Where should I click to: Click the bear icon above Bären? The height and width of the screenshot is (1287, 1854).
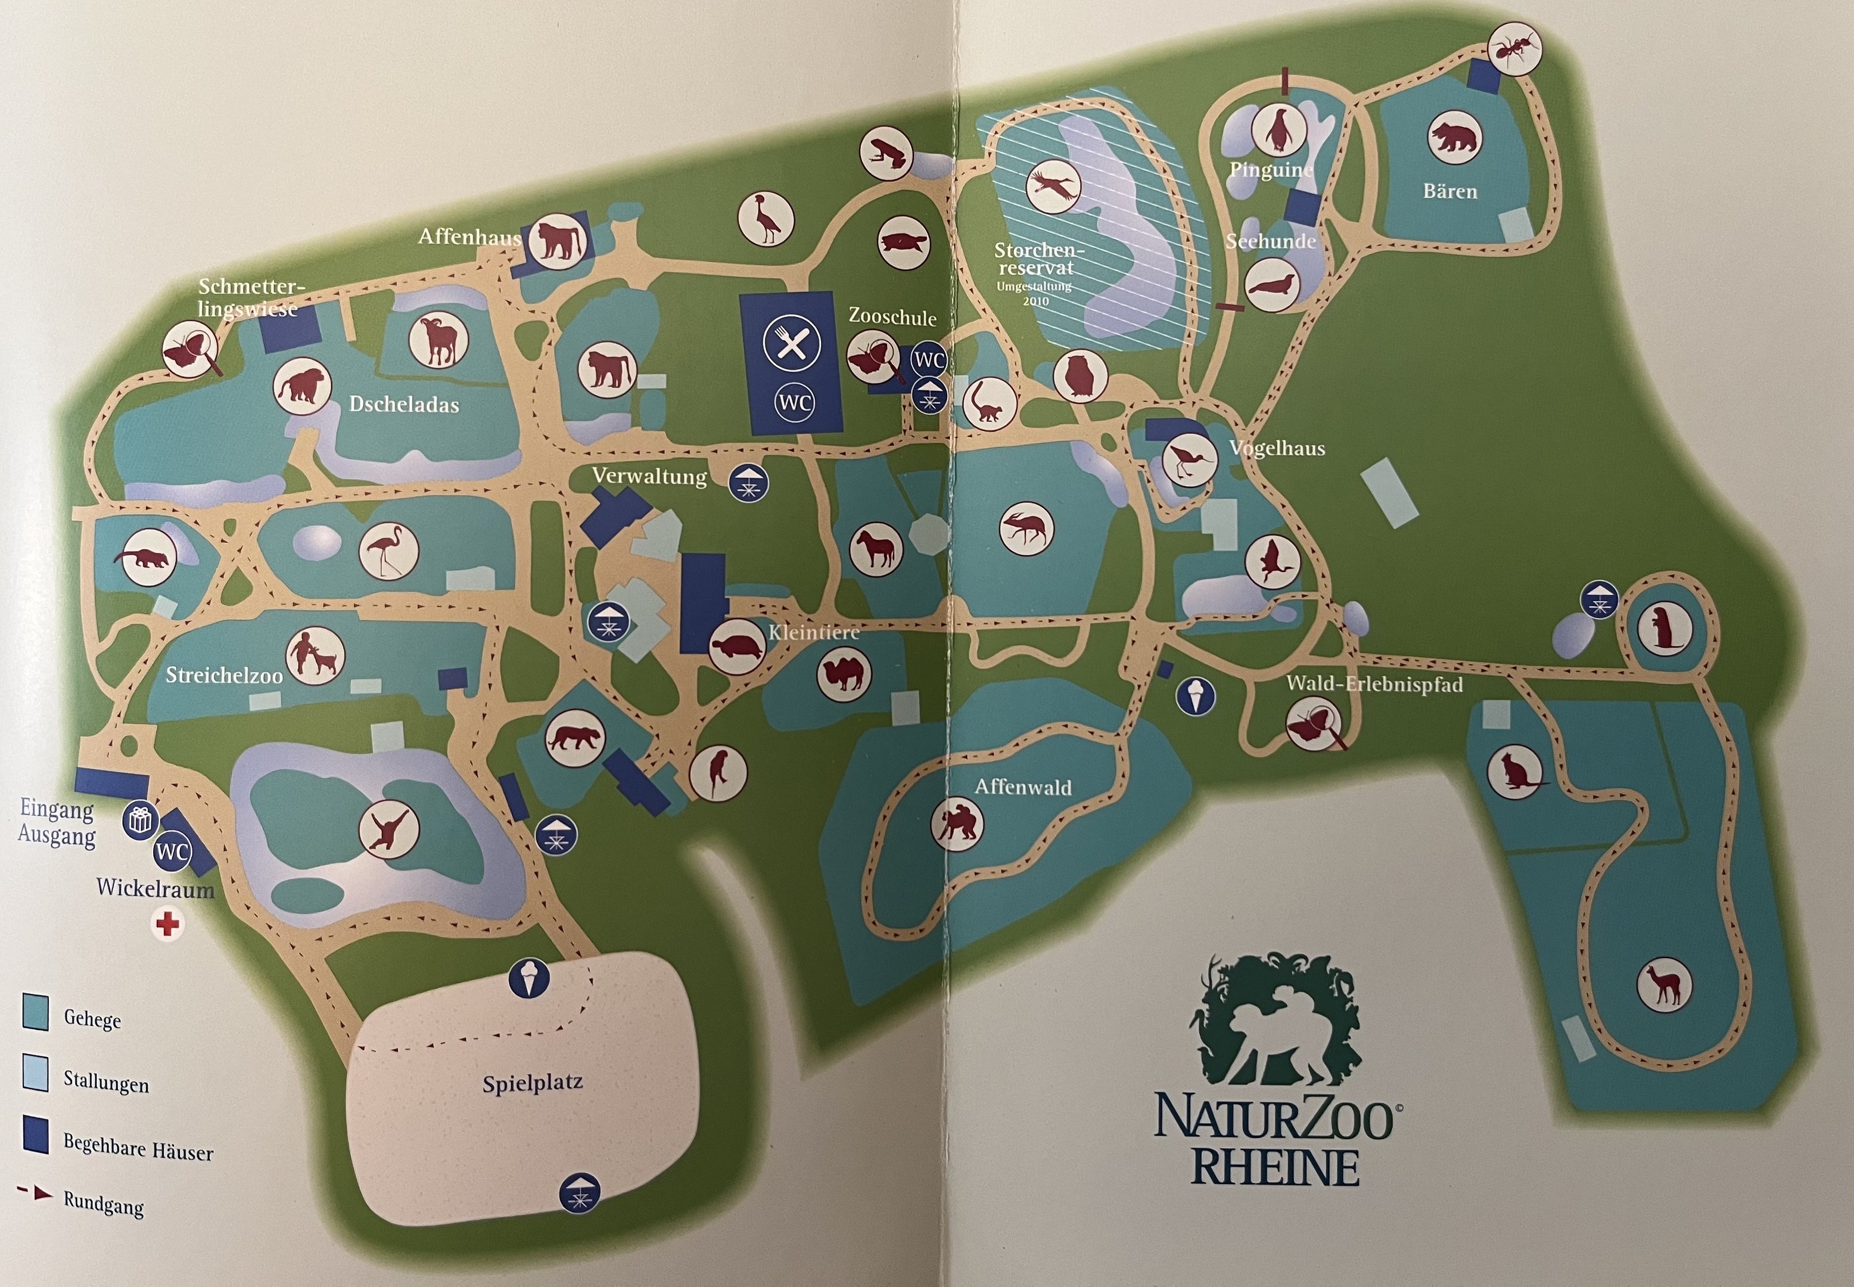point(1454,138)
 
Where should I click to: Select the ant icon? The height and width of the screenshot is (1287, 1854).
point(1513,50)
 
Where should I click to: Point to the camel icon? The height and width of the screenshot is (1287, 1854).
point(844,674)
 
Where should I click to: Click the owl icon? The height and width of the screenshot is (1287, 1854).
point(1080,375)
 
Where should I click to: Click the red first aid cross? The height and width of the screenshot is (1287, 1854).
point(167,924)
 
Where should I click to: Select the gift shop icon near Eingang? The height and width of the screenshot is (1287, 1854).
point(139,821)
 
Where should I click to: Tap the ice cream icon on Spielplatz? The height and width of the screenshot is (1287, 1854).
point(529,978)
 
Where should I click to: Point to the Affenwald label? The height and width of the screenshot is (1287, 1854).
point(1023,786)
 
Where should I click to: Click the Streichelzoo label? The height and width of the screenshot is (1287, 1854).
point(224,675)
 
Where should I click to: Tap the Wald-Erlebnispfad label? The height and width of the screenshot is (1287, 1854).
point(1374,684)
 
